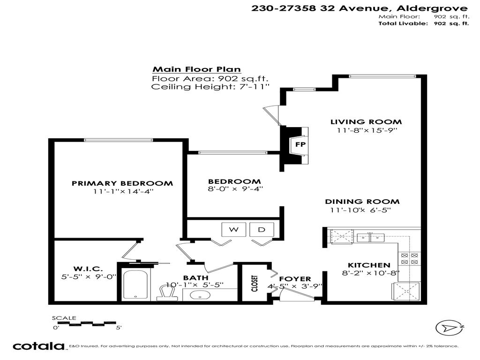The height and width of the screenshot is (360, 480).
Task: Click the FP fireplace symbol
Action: [x=299, y=144]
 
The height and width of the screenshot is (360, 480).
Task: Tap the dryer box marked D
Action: [x=261, y=230]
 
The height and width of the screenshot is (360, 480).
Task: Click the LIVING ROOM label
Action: [x=367, y=122]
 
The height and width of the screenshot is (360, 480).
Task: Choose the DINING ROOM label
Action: [x=362, y=202]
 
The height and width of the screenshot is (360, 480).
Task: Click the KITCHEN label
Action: [x=369, y=265]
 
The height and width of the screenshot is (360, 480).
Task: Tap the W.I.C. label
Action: [x=88, y=269]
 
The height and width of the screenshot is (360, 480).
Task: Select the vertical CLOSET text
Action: [x=255, y=284]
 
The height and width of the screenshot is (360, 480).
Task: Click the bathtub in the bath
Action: [x=135, y=285]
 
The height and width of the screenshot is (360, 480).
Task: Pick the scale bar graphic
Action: [x=84, y=323]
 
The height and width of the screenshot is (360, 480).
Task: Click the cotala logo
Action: [x=38, y=346]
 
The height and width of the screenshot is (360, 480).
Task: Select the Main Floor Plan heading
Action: [x=196, y=69]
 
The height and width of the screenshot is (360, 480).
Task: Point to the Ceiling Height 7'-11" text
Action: [x=210, y=87]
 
